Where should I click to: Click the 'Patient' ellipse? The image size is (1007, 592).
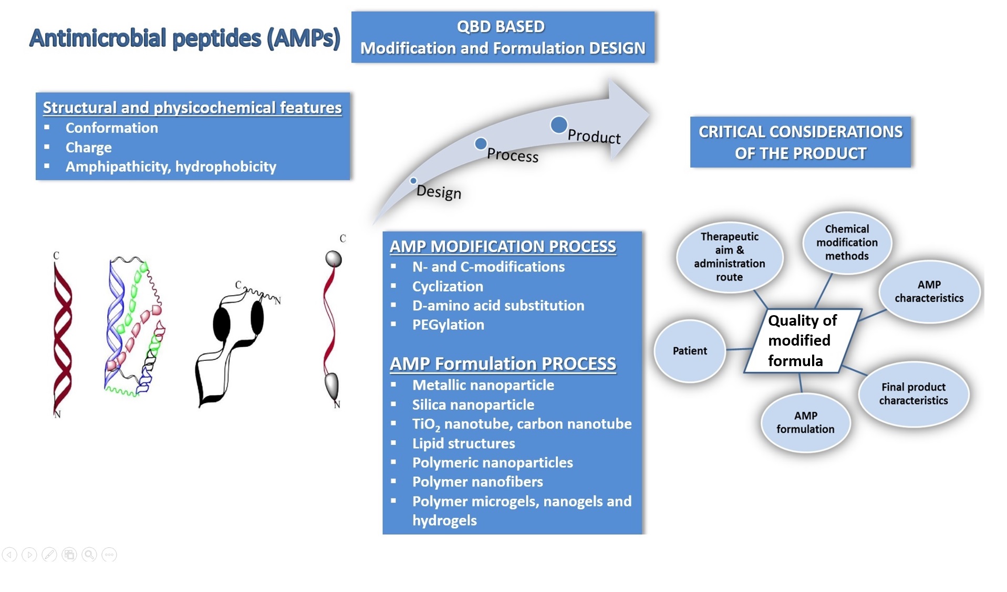689,350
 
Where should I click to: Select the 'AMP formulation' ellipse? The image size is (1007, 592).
805,422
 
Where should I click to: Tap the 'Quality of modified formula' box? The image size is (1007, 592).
802,341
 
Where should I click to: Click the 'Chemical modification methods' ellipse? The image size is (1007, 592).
846,243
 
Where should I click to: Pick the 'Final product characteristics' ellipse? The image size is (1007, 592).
913,394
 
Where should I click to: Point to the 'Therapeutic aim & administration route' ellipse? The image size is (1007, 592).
729,257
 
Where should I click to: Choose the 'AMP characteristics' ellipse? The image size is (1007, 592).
929,292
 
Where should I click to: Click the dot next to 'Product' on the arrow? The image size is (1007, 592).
558,125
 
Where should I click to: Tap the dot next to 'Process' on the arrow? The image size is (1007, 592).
480,143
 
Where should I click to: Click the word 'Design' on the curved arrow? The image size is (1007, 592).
439,192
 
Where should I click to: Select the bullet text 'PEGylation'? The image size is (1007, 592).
448,325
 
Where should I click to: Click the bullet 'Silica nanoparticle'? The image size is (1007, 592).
473,404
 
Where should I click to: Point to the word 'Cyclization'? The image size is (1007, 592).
448,286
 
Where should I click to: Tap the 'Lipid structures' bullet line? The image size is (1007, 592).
463,443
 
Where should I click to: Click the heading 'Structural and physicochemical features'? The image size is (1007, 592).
192,108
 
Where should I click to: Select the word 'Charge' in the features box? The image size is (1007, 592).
88,148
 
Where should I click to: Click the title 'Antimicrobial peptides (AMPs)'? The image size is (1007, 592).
184,38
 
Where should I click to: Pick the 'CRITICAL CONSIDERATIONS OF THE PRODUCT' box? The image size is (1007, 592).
800,142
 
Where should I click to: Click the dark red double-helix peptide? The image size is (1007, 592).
63,336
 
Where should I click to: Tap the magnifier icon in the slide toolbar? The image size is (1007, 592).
89,555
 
